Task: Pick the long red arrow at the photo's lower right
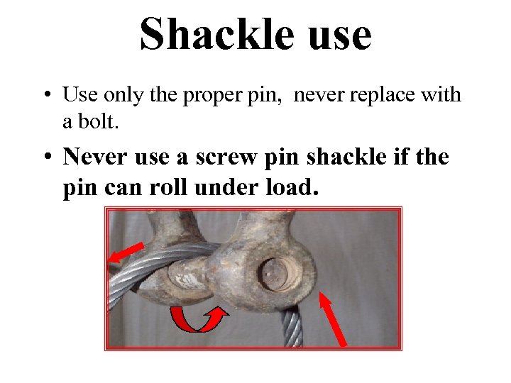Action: (x=334, y=319)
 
